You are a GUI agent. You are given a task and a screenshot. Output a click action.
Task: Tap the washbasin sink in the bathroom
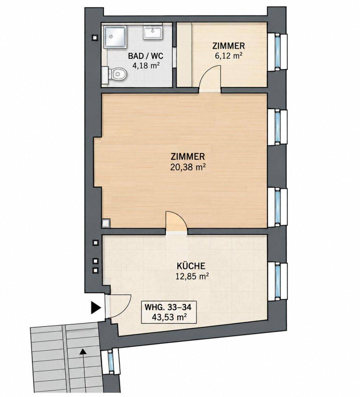[x=153, y=32]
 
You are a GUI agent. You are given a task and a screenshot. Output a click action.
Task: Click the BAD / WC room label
[x=145, y=56]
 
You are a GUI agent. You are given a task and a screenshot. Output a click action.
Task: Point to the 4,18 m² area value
[x=146, y=65]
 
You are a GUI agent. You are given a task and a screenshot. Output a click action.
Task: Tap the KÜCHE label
[x=191, y=266]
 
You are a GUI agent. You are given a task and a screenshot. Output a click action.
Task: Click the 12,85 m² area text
[x=192, y=276]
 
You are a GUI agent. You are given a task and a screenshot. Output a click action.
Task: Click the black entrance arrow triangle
[x=96, y=308]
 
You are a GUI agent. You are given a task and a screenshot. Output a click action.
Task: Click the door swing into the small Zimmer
[x=210, y=78]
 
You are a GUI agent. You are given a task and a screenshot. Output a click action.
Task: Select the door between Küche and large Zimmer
[x=177, y=221]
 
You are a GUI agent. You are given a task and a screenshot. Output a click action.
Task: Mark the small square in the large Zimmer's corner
[x=106, y=223]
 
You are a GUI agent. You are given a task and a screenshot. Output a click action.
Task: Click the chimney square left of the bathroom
[x=95, y=38]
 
